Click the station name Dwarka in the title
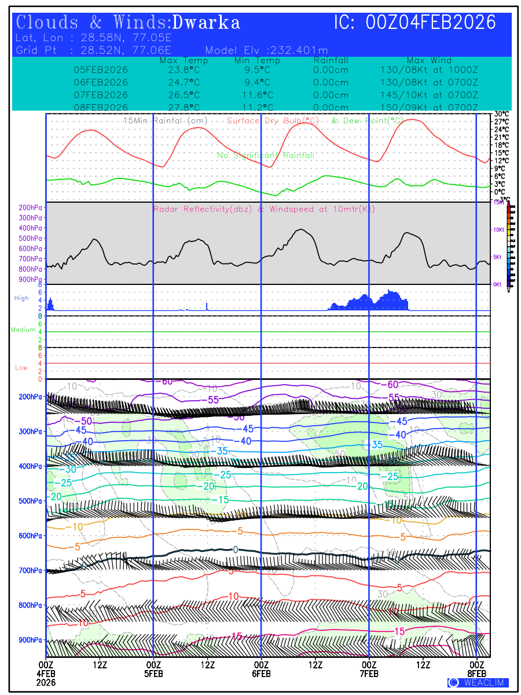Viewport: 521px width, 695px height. click(x=206, y=23)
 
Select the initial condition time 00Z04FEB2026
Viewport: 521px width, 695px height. click(x=431, y=23)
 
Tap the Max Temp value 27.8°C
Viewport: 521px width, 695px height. click(x=180, y=108)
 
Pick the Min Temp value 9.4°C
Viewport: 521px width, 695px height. click(x=257, y=82)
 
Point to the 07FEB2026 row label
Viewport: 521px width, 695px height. click(x=101, y=95)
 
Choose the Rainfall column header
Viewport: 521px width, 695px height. click(x=331, y=61)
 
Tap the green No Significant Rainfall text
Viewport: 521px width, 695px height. click(x=266, y=156)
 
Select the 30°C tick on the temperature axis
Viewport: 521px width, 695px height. click(x=501, y=114)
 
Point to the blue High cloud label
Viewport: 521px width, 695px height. click(x=21, y=298)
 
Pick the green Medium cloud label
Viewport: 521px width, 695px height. click(x=23, y=330)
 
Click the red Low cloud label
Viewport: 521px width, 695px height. click(x=21, y=368)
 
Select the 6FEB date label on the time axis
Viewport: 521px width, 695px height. click(x=261, y=674)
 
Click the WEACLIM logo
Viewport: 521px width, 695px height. click(x=478, y=682)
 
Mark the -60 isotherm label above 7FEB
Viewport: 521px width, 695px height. click(x=391, y=385)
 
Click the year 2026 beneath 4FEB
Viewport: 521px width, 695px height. click(x=46, y=682)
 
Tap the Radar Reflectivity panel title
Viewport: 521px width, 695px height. click(x=264, y=209)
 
